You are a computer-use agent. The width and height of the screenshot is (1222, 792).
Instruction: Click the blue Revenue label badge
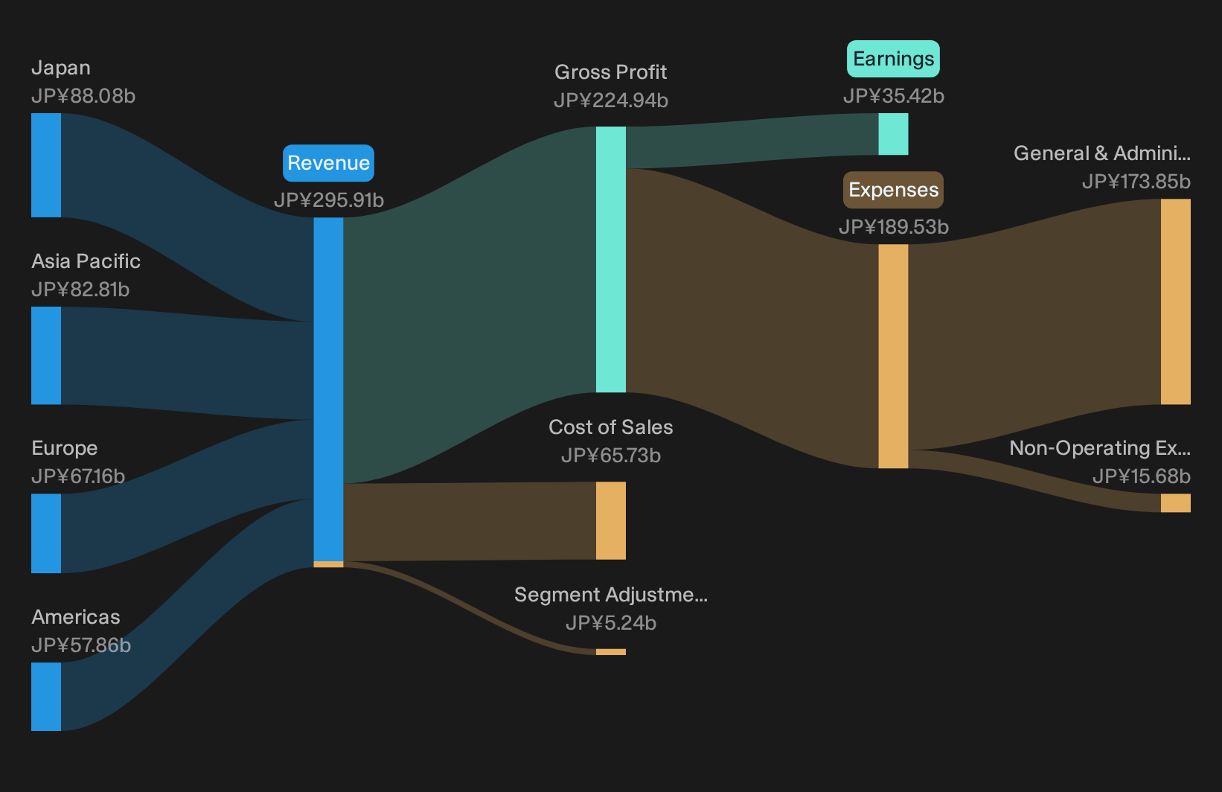click(x=328, y=163)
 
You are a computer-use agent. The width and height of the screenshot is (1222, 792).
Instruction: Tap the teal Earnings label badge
click(x=893, y=58)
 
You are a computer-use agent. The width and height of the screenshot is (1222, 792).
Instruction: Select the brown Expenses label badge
click(x=893, y=189)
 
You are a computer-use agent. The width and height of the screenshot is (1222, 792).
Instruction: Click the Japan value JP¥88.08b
click(x=83, y=96)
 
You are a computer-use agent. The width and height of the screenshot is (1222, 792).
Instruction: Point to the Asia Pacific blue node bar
click(x=46, y=355)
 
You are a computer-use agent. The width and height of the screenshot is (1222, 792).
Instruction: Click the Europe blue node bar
click(x=46, y=533)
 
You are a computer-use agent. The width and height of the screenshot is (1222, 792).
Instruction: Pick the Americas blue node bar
click(x=46, y=697)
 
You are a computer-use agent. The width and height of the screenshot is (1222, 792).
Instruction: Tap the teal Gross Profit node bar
click(x=610, y=259)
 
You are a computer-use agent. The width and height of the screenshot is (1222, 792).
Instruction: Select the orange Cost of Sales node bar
click(x=610, y=520)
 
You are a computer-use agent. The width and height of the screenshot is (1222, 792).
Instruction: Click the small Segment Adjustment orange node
click(x=610, y=652)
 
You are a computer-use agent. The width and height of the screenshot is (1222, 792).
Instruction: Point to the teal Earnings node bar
click(x=893, y=134)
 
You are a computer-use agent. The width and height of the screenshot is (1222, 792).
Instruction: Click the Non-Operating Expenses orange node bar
click(x=1176, y=502)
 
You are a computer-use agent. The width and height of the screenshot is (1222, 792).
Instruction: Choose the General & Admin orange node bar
click(x=1176, y=301)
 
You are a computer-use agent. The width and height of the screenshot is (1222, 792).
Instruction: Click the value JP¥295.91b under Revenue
click(x=328, y=200)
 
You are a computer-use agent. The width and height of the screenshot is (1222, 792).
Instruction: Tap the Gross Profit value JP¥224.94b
click(x=611, y=100)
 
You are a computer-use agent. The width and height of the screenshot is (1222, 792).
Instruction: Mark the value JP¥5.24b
click(x=611, y=623)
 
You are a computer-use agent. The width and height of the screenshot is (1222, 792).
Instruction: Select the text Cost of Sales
click(x=611, y=427)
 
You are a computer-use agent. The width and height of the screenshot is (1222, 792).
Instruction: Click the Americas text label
click(x=76, y=617)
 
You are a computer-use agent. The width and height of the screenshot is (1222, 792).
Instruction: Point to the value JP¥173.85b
click(x=1136, y=181)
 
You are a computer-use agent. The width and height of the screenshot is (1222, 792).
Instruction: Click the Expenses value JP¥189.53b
click(x=894, y=226)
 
